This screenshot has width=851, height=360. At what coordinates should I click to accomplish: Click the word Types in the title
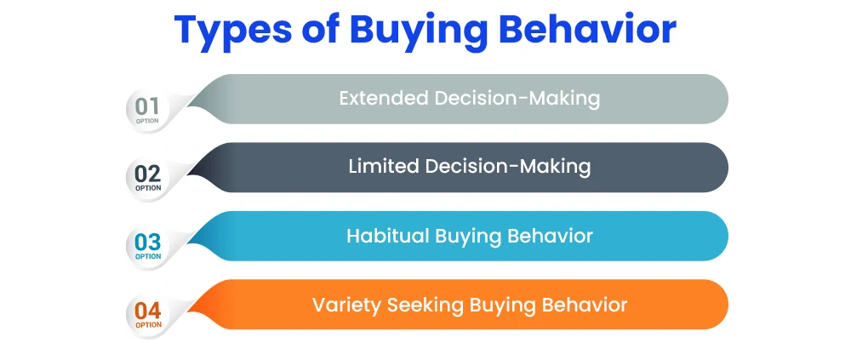(231, 31)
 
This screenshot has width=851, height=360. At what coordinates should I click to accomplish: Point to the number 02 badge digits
(147, 174)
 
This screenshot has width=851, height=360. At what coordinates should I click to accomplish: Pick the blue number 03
(147, 243)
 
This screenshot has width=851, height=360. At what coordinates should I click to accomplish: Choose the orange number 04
(147, 311)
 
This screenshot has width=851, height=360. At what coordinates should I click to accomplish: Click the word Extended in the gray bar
(384, 98)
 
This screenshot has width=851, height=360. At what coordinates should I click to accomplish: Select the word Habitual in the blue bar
(387, 236)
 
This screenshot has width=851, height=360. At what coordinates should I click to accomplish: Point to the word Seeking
(425, 306)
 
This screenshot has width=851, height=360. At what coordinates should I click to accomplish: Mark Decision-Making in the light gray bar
(517, 98)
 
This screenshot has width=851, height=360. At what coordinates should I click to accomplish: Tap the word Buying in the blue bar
(470, 237)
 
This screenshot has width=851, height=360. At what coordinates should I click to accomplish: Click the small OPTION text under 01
(147, 121)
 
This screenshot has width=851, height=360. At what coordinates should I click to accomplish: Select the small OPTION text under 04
(148, 325)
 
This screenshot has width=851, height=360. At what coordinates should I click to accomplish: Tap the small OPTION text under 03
(148, 256)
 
